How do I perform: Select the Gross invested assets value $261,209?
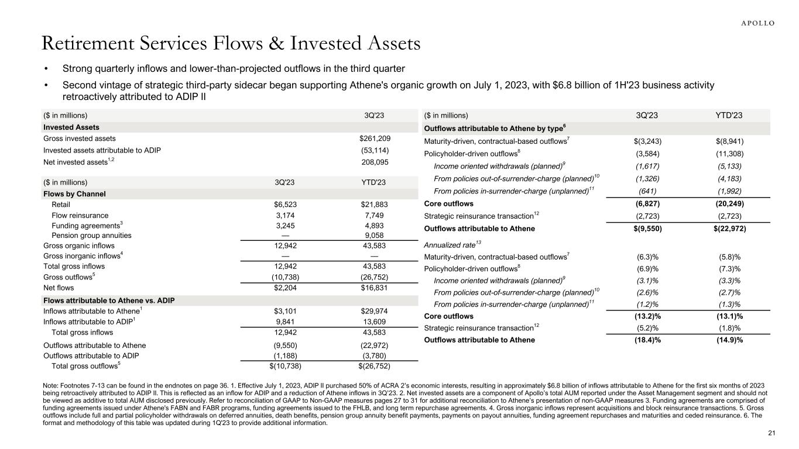[x=375, y=139]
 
